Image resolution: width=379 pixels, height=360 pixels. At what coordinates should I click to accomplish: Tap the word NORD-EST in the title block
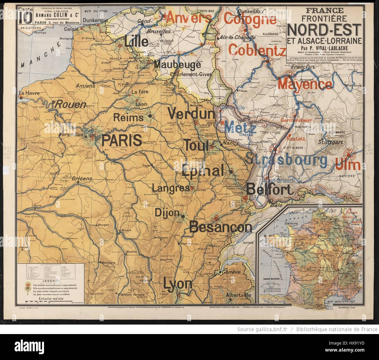click(x=324, y=30)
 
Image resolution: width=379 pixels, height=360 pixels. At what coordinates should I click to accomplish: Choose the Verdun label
click(x=191, y=113)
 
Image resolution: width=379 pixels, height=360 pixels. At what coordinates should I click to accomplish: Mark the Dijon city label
click(x=167, y=212)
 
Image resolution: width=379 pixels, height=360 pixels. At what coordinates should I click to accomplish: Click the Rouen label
click(x=71, y=104)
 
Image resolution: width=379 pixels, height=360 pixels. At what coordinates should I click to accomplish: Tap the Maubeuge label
click(x=177, y=65)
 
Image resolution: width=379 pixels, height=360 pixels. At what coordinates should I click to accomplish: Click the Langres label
click(x=171, y=188)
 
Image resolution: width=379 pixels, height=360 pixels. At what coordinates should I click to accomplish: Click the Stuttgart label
click(x=330, y=142)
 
